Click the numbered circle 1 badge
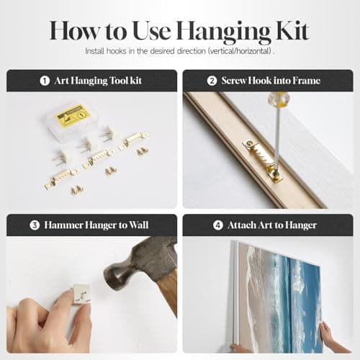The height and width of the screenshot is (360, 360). (45, 81)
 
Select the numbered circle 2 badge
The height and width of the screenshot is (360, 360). (212, 81)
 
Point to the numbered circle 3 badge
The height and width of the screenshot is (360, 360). (35, 225)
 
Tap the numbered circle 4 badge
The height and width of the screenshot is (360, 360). (218, 225)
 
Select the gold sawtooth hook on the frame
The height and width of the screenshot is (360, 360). (263, 161)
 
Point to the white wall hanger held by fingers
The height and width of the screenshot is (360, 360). (81, 294)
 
